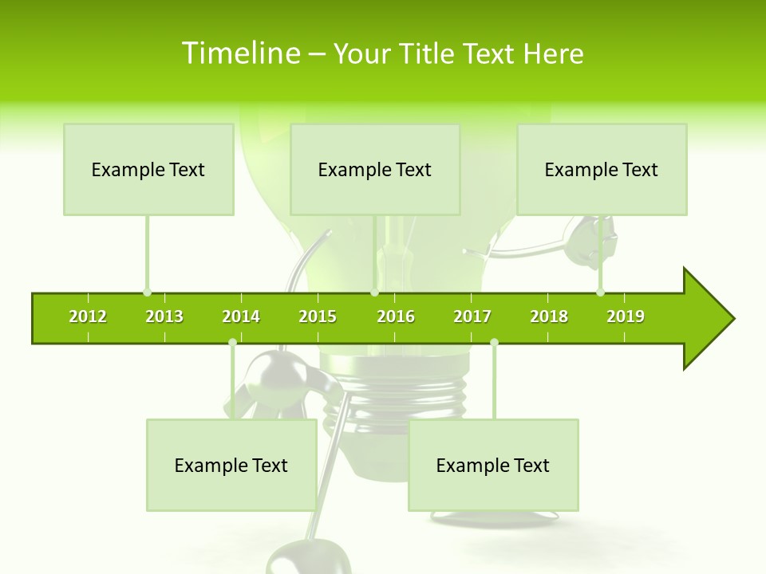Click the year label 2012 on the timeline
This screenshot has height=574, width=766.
[88, 316]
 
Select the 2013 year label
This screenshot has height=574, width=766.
[164, 316]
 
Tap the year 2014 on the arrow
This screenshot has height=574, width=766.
[241, 316]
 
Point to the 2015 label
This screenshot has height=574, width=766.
[318, 316]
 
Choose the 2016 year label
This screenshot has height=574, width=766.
[396, 316]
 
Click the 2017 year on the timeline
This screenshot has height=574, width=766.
[472, 316]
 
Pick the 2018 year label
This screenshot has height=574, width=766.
[549, 316]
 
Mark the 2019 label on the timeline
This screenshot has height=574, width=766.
[626, 316]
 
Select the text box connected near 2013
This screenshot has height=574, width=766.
[148, 170]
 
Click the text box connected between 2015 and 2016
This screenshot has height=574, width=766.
[375, 170]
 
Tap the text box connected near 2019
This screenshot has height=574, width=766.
[602, 170]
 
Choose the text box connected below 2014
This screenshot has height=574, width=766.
[231, 466]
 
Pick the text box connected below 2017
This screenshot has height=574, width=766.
[493, 466]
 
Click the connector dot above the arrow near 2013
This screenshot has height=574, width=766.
[147, 293]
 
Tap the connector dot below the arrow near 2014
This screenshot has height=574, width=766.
[232, 343]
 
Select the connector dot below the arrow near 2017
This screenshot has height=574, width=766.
[494, 343]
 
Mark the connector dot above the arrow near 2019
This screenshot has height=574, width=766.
[600, 293]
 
